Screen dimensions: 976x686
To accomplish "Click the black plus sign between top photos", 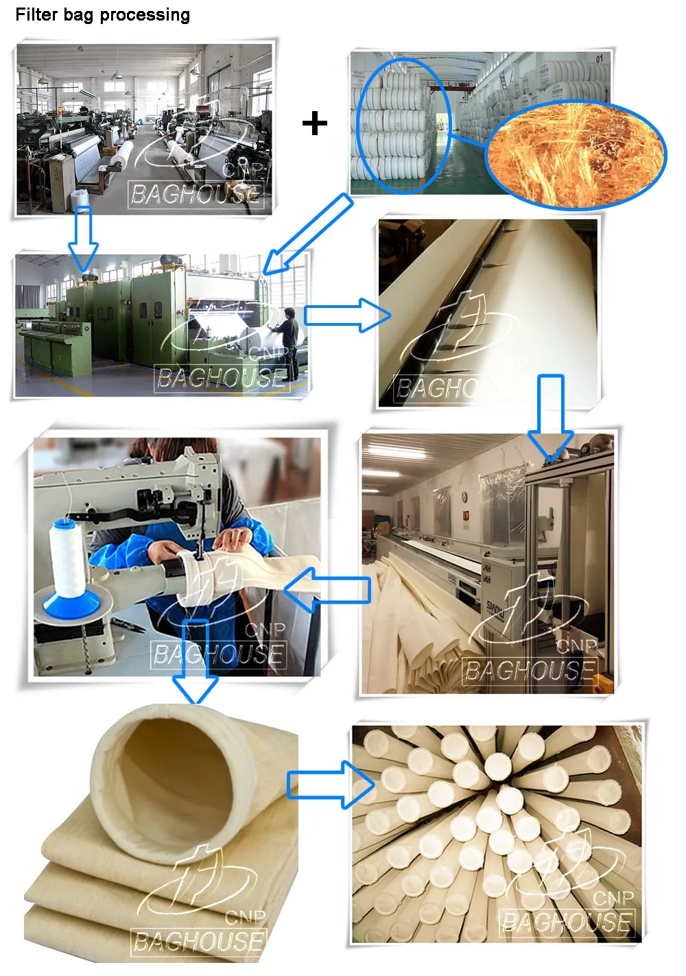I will [x=315, y=123].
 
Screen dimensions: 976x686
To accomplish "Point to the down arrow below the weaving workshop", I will [x=84, y=239].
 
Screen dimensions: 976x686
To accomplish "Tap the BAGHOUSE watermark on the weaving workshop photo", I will [x=196, y=195].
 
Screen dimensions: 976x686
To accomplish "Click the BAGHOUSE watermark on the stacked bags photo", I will [x=567, y=922].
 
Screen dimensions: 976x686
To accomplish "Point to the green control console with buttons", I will [x=51, y=340].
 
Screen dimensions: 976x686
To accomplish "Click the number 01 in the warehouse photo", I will [x=599, y=60].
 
